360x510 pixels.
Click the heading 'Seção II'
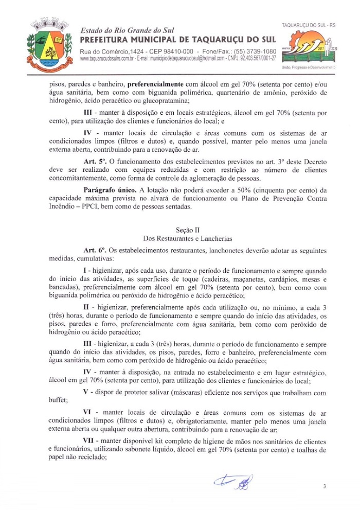click(179, 230)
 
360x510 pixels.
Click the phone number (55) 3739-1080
click(252, 51)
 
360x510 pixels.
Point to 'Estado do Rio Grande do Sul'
click(119, 30)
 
